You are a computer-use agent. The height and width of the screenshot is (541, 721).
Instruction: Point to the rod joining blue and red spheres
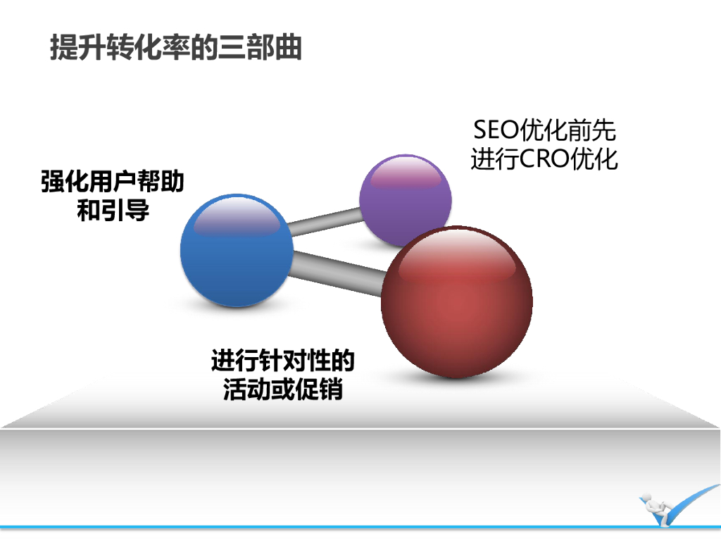[x=337, y=270]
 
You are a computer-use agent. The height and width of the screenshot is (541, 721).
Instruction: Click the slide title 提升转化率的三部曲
[x=176, y=47]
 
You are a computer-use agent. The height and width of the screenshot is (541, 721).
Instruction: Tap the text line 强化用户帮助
[x=113, y=182]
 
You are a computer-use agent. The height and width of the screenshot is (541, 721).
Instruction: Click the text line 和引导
[x=113, y=211]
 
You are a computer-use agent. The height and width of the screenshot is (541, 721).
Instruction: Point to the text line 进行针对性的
[x=282, y=361]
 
